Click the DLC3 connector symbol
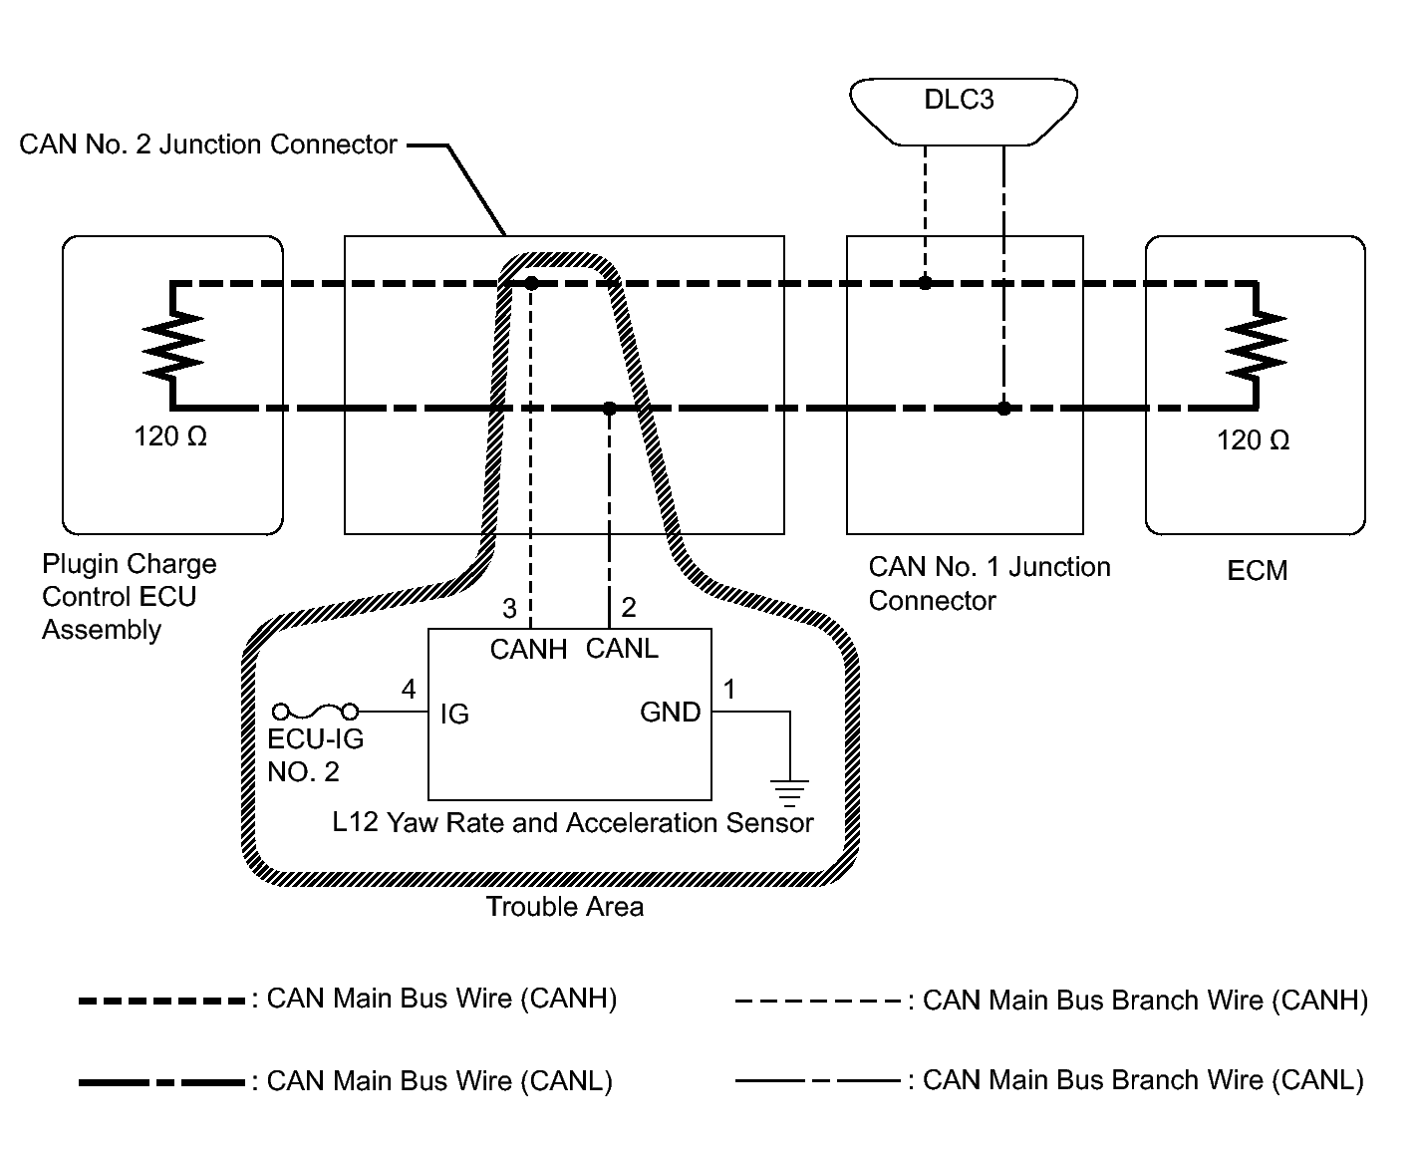pos(962,102)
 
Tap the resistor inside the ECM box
pos(1256,345)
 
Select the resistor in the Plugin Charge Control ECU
pos(173,345)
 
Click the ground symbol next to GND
pos(789,791)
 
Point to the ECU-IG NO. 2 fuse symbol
pos(316,712)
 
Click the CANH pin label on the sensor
pos(528,650)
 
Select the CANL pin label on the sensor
pos(622,649)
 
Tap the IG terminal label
pos(453,715)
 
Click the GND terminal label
pos(670,713)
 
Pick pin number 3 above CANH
pos(509,608)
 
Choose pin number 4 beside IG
pos(409,690)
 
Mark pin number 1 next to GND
pos(729,690)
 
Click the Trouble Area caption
pos(564,907)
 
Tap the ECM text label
pos(1257,571)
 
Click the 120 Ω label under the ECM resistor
pos(1253,440)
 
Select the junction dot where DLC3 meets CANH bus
pos(925,283)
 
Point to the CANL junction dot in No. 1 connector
pos(1003,409)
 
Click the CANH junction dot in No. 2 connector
pos(531,283)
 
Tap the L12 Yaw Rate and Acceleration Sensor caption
pos(573,823)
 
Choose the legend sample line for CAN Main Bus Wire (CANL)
pos(161,1082)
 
